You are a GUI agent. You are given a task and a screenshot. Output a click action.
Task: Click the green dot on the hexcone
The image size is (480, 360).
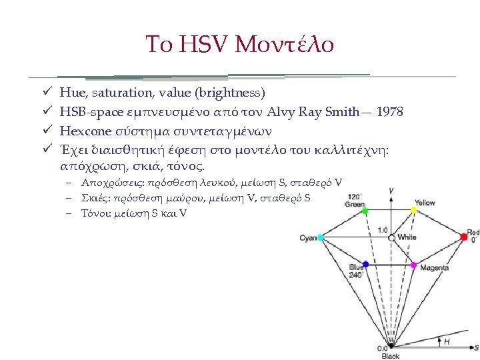tap(365, 211)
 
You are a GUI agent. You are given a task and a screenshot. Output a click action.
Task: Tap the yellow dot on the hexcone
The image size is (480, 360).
tap(414, 210)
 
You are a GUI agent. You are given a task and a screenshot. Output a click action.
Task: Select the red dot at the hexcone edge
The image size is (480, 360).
tap(464, 237)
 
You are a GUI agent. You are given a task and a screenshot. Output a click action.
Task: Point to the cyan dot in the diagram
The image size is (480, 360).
tap(321, 237)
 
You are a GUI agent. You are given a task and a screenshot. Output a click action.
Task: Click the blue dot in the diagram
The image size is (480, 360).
tap(365, 265)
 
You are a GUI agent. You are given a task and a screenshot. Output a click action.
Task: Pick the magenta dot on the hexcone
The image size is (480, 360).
tap(414, 265)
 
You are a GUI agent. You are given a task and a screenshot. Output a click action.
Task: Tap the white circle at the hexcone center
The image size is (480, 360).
tap(391, 237)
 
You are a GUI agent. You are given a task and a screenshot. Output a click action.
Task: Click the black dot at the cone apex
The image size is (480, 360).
tap(391, 346)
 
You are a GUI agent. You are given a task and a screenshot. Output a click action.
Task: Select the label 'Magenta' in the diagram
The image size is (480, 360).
tap(434, 268)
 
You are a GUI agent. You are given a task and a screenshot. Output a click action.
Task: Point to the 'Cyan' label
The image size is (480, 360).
tap(308, 238)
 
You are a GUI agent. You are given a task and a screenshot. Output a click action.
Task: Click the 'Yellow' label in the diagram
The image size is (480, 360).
tap(425, 203)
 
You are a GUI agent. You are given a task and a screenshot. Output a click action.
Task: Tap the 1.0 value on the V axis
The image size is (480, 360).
tap(383, 231)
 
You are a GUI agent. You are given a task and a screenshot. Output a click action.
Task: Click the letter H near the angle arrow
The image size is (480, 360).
tap(446, 341)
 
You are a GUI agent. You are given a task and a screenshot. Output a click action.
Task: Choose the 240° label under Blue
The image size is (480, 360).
tap(356, 275)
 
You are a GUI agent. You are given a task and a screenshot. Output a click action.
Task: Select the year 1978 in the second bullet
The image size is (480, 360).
tap(389, 112)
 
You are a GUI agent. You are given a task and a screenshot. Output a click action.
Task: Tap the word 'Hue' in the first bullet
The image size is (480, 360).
tap(70, 92)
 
